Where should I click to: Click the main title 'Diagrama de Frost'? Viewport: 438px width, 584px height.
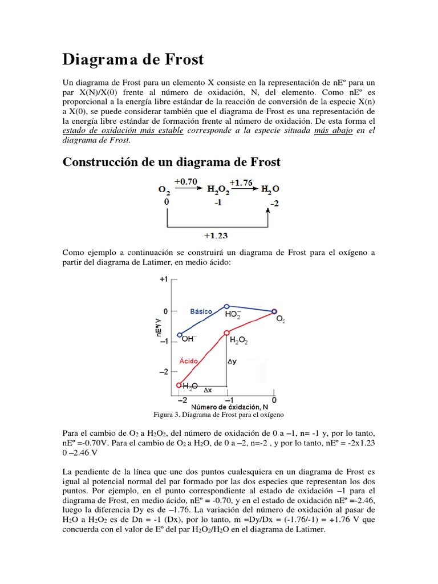132,59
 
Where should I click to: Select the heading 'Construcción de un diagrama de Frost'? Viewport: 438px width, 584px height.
171,162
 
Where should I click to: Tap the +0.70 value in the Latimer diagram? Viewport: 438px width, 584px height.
186,182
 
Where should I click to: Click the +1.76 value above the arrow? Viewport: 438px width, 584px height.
241,183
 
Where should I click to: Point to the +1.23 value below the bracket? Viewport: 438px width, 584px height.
217,234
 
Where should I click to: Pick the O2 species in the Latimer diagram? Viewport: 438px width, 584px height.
164,190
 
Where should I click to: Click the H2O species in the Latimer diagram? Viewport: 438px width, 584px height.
270,190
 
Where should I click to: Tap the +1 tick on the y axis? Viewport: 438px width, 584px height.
164,279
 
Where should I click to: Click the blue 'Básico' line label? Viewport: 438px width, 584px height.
201,311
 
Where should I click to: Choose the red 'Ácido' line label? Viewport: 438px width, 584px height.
189,361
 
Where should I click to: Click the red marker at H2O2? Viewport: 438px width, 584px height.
227,332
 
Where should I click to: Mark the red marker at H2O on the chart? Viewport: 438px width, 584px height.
180,385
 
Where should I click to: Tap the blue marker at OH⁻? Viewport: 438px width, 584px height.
180,335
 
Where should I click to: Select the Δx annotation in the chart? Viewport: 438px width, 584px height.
208,391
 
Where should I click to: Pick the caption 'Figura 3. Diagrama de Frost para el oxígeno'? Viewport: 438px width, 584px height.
219,415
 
